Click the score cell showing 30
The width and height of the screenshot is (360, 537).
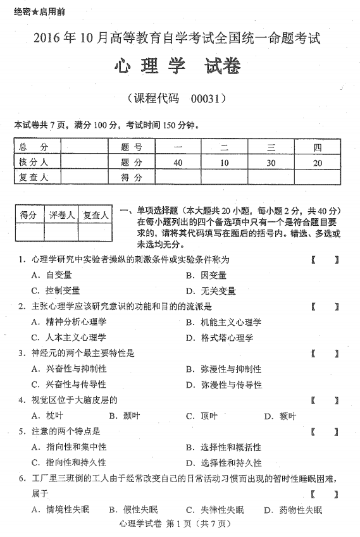click(270, 163)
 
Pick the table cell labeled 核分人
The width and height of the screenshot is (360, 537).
click(35, 163)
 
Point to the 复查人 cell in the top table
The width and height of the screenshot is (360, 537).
click(35, 177)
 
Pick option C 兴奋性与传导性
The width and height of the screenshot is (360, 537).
click(69, 385)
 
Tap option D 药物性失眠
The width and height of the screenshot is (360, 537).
click(294, 510)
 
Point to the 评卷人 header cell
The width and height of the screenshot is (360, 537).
click(63, 215)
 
